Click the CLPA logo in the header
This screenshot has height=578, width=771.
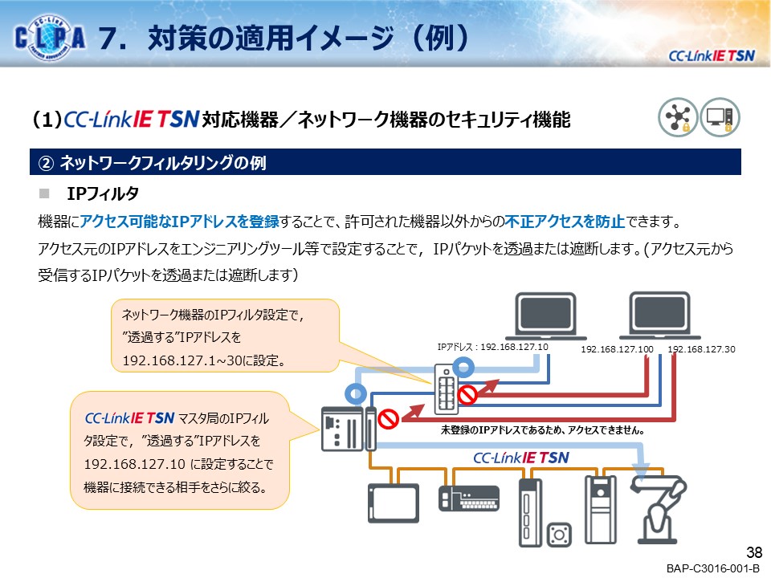coord(50,37)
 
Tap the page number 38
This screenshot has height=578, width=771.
coord(754,552)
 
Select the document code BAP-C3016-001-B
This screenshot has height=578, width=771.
coord(712,568)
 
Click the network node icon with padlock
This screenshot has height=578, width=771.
coord(678,117)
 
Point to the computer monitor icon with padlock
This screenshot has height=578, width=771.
coord(720,117)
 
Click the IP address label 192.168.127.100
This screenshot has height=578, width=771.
coord(617,349)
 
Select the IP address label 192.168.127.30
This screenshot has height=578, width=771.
coord(701,349)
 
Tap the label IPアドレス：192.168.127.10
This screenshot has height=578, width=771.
coord(492,347)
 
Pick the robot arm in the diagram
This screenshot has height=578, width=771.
coord(659,509)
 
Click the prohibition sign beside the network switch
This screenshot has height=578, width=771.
coord(467,395)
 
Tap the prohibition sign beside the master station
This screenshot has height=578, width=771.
coord(388,419)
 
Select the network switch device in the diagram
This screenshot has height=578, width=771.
coord(447,389)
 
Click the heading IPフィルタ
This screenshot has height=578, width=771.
coord(103,193)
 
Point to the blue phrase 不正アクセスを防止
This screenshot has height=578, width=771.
coord(565,222)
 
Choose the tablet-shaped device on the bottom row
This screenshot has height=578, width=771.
coord(394,503)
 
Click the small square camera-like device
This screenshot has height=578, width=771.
coord(559,535)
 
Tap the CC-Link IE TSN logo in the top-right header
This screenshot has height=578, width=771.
coord(712,56)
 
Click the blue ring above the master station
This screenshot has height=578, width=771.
coord(356,393)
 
